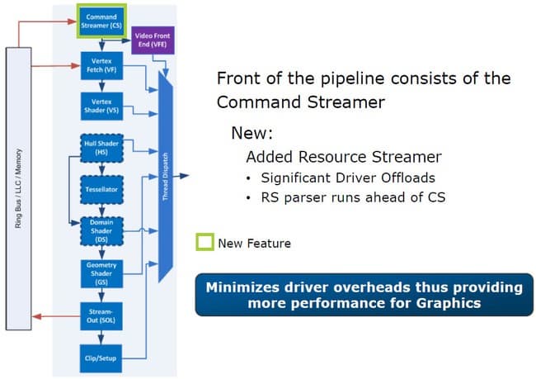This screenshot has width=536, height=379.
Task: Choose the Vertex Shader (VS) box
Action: click(101, 104)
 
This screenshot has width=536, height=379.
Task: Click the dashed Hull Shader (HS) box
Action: click(101, 148)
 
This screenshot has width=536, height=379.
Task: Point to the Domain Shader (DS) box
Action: click(101, 230)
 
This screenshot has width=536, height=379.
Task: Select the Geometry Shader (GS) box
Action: click(101, 272)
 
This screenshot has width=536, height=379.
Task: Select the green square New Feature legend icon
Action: click(204, 243)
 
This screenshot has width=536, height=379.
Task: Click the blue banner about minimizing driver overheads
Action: click(364, 295)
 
